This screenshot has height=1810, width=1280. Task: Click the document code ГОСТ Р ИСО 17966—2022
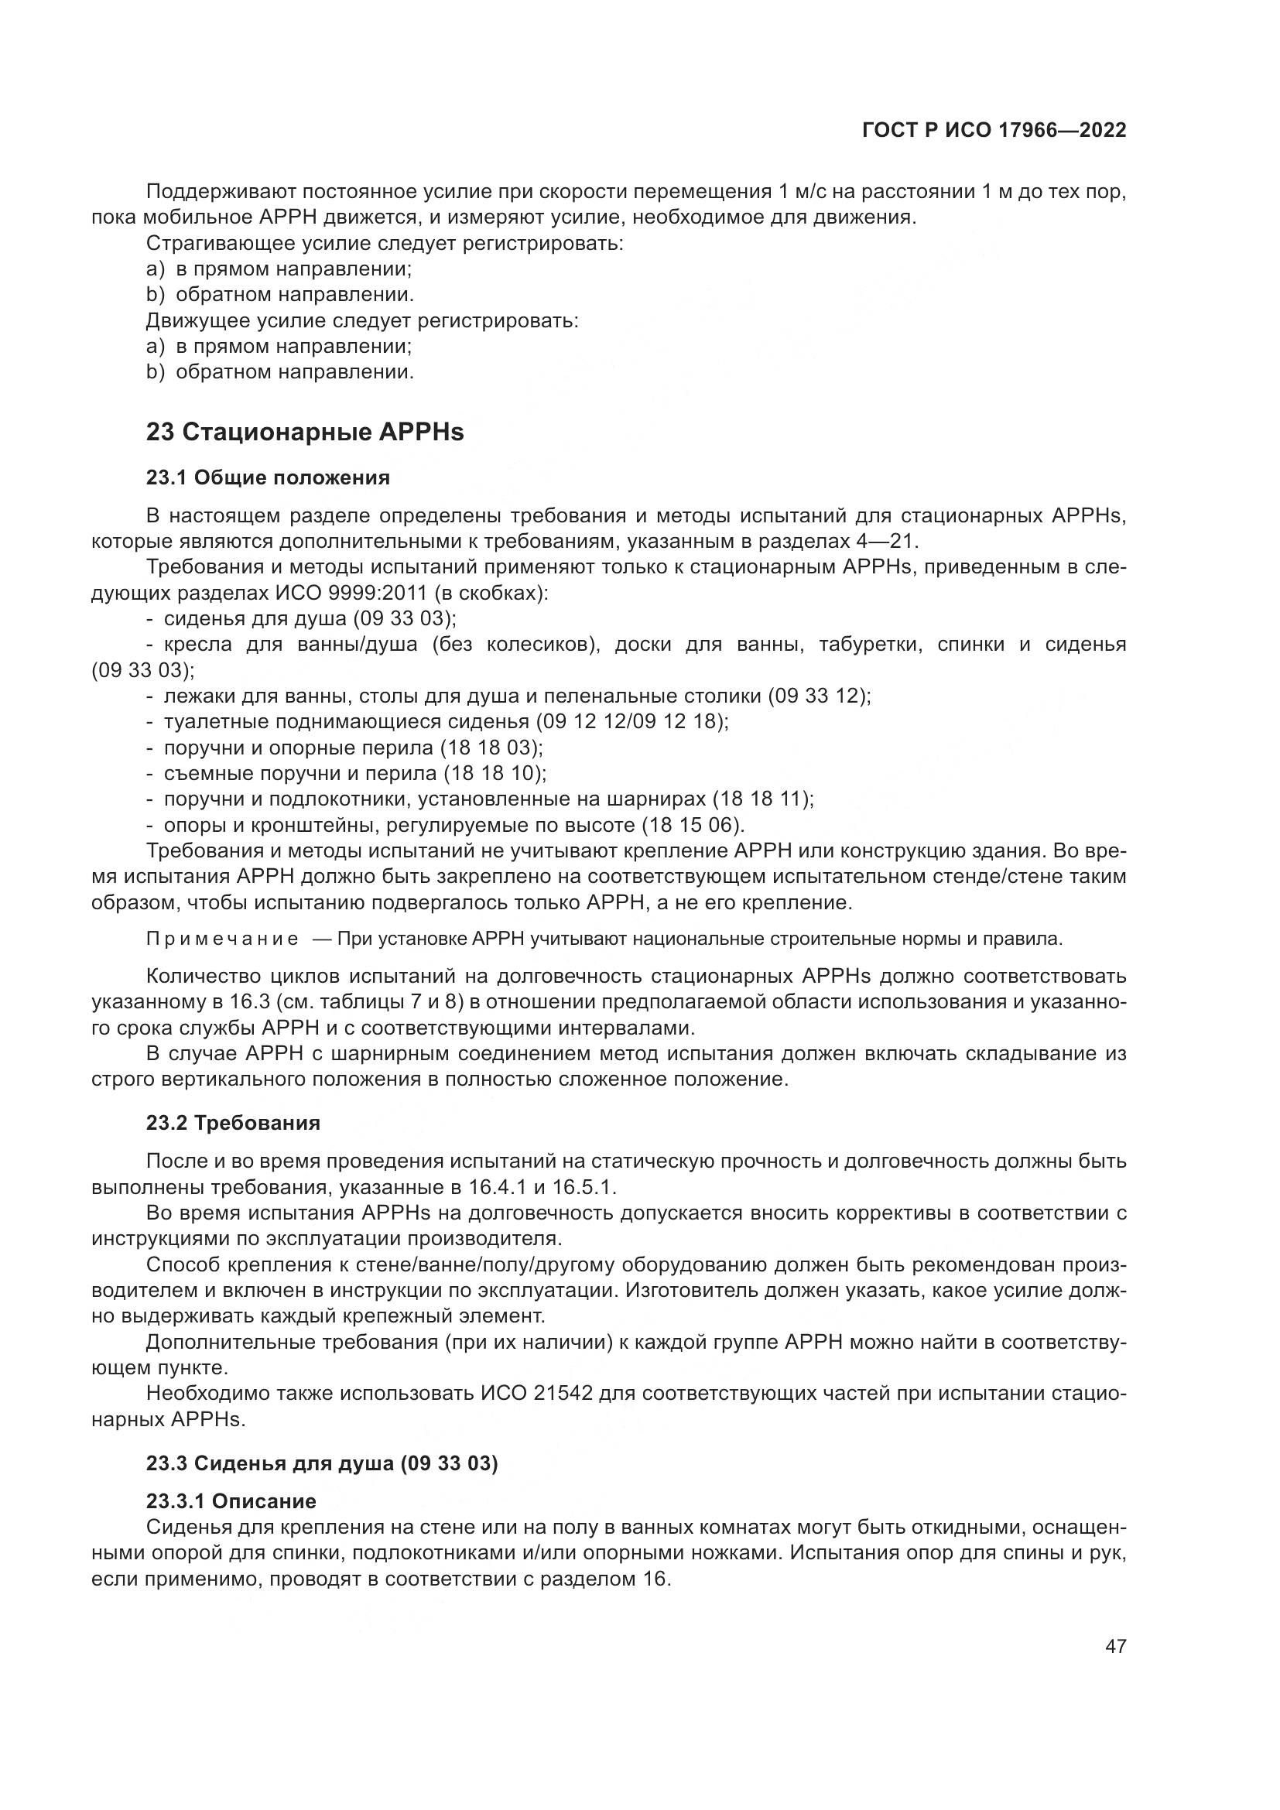tap(994, 131)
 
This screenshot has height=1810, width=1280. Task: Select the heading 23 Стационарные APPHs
tap(305, 432)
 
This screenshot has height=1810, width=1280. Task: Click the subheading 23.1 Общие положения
tap(268, 477)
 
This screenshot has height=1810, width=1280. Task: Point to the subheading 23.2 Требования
tap(233, 1124)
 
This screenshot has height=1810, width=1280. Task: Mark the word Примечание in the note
tap(222, 939)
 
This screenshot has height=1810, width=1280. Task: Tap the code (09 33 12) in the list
tap(820, 696)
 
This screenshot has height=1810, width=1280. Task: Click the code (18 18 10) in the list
tap(495, 773)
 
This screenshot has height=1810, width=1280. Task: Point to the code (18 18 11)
tap(762, 799)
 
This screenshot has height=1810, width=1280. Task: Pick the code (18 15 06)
tap(692, 826)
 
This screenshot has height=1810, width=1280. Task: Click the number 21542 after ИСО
tap(563, 1394)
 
